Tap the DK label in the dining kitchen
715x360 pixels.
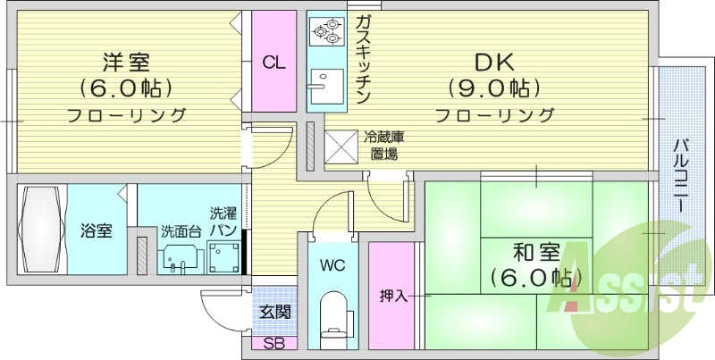pos(494,63)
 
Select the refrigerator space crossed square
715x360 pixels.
pos(340,147)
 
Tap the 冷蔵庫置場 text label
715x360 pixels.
pos(383,146)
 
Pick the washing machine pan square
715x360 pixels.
pos(223,256)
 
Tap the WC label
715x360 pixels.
pos(332,265)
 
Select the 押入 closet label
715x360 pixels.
pos(393,296)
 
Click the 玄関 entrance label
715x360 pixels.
pos(274,312)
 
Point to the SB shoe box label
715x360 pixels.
pos(274,344)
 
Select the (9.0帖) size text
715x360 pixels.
pos(494,88)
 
